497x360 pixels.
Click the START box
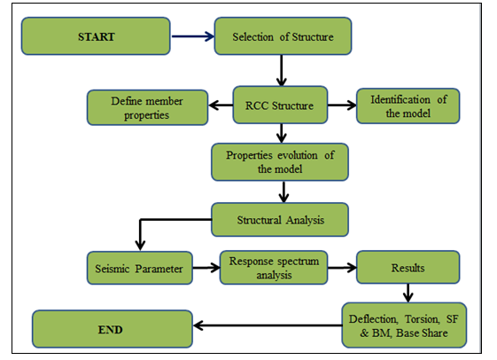(x=96, y=36)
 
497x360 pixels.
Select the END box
(x=113, y=329)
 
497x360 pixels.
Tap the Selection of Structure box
(x=283, y=36)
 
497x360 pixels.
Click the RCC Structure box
(x=280, y=105)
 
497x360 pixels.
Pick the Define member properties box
(x=147, y=107)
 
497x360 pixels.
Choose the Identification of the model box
(x=408, y=106)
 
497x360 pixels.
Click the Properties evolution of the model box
(x=280, y=162)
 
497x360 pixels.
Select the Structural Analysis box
(x=280, y=220)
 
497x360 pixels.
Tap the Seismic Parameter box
(x=140, y=268)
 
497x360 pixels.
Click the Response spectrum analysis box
(x=274, y=268)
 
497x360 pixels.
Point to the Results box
(x=408, y=267)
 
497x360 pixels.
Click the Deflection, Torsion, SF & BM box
(x=404, y=325)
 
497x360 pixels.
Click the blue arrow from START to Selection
(x=193, y=36)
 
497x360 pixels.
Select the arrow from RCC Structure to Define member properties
(x=221, y=105)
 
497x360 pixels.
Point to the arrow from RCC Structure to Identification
(x=342, y=105)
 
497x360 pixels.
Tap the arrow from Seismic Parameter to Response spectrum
(x=206, y=268)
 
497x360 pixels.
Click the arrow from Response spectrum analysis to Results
(x=342, y=268)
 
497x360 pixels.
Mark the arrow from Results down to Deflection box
(x=408, y=293)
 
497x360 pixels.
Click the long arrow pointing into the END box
(x=268, y=325)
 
